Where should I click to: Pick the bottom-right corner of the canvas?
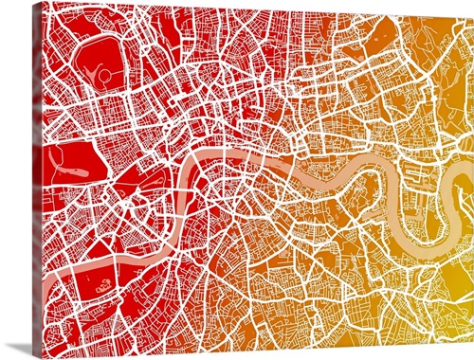471,323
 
